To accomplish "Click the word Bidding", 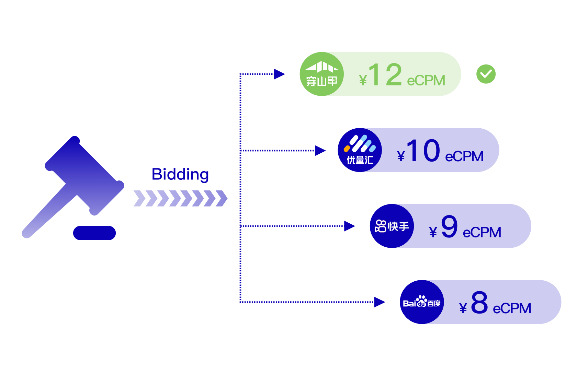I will [180, 175].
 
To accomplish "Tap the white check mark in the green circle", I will [486, 74].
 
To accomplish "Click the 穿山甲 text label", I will [322, 81].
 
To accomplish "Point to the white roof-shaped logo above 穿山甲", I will [321, 66].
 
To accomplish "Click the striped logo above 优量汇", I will [361, 144].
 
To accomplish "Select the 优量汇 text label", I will [360, 160].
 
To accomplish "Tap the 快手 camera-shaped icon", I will [381, 226].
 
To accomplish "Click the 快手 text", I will [398, 226].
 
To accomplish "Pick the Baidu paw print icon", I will [421, 301].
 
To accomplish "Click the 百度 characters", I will [434, 303].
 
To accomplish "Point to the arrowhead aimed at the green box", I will [279, 74].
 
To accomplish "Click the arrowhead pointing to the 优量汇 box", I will [320, 150].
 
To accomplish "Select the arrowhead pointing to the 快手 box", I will [349, 226].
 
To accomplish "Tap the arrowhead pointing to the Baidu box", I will [379, 302].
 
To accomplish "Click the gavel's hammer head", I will [84, 175].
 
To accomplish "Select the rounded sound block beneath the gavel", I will [94, 233].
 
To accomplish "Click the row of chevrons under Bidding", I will [180, 199].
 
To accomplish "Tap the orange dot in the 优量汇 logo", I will [347, 149].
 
